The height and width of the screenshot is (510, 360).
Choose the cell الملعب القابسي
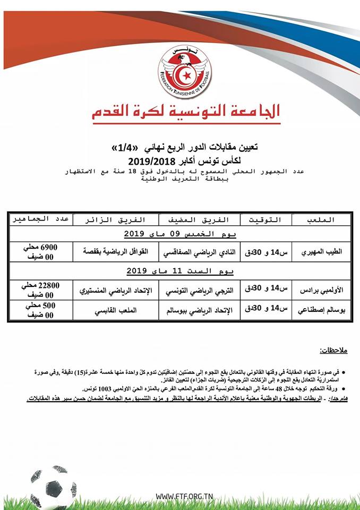pos(115,310)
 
